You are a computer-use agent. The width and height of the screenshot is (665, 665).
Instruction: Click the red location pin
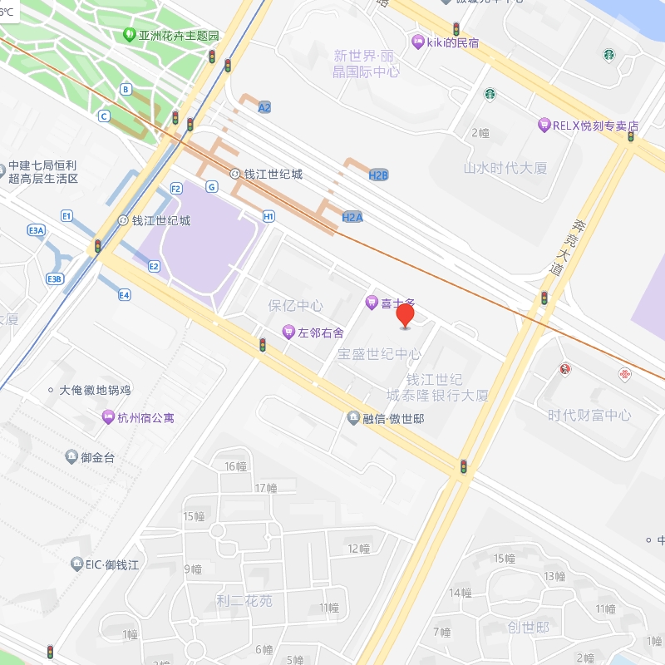pyautogui.click(x=405, y=316)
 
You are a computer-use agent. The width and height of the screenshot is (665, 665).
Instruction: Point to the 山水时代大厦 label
pyautogui.click(x=505, y=168)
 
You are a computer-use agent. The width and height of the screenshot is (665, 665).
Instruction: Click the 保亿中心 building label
pyautogui.click(x=295, y=306)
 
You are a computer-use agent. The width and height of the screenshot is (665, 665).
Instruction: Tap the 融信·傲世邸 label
pyautogui.click(x=386, y=418)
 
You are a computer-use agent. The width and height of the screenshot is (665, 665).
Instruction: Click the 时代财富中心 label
pyautogui.click(x=589, y=415)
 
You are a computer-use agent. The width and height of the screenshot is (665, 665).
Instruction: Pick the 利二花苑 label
pyautogui.click(x=244, y=600)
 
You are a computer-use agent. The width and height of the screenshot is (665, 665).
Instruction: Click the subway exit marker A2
pyautogui.click(x=264, y=107)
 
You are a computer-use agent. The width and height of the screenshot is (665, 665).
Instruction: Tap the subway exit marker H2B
pyautogui.click(x=378, y=175)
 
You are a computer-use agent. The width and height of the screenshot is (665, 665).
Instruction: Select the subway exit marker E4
pyautogui.click(x=125, y=294)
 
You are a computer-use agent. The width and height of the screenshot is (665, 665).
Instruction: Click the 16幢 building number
pyautogui.click(x=236, y=466)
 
